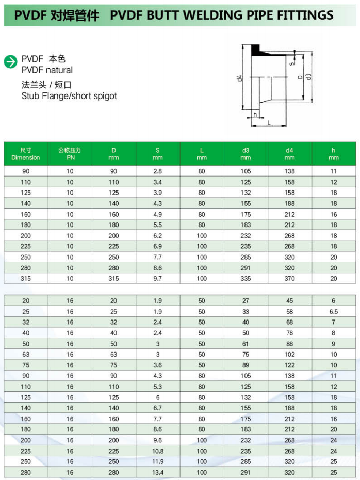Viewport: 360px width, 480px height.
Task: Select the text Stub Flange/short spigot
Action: pos(69,96)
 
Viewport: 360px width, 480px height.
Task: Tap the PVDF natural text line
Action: pos(47,70)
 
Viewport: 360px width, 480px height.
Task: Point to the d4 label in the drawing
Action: pos(239,79)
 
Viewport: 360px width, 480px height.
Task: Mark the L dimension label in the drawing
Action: pos(269,122)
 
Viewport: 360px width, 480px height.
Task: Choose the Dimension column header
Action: pos(26,154)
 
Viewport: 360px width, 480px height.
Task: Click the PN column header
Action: pos(70,154)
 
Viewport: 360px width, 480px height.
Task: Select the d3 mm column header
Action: pos(246,154)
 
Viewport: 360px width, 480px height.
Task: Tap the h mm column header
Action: pos(334,154)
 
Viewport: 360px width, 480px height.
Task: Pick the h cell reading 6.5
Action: pos(334,312)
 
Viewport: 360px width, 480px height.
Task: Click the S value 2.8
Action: pos(158,171)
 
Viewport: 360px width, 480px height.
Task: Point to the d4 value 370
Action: pos(289,279)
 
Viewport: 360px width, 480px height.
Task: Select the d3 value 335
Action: pos(246,279)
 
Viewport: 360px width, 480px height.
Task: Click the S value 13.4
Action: pos(158,472)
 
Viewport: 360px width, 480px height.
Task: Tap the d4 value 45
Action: pos(289,301)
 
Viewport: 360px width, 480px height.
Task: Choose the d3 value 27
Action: pos(246,301)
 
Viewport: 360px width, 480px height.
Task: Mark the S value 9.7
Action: pos(158,279)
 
